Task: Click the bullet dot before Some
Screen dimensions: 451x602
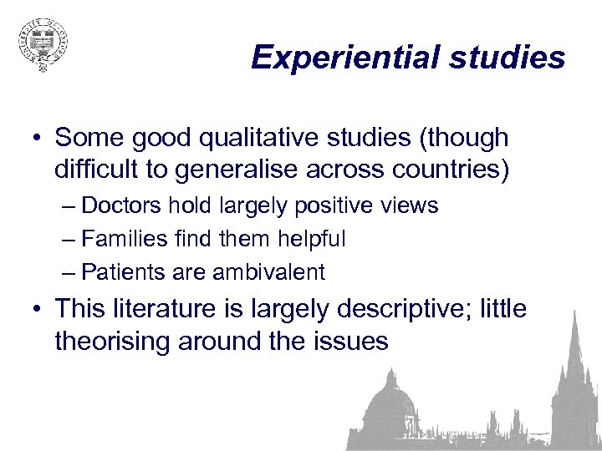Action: pyautogui.click(x=38, y=138)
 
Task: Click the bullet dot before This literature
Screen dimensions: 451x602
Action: pyautogui.click(x=38, y=310)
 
